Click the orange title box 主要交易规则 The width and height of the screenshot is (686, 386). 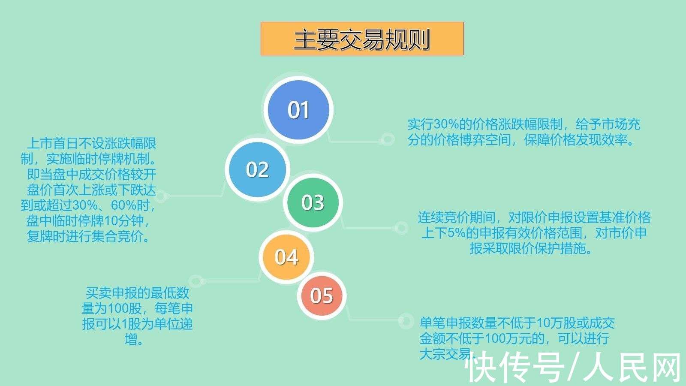(362, 39)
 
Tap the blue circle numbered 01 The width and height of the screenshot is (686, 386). (298, 110)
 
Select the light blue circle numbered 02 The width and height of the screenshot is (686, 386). (257, 170)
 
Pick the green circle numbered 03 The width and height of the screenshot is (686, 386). (313, 202)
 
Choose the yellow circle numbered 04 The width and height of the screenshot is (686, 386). (286, 257)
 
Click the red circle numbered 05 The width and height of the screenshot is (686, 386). (322, 296)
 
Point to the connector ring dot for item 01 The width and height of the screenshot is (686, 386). (388, 139)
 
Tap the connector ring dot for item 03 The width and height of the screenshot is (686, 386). (401, 228)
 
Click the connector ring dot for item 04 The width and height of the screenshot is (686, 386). (196, 282)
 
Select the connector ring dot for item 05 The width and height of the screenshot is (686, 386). (405, 321)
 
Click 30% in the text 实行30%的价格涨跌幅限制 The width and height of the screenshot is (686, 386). (447, 125)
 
